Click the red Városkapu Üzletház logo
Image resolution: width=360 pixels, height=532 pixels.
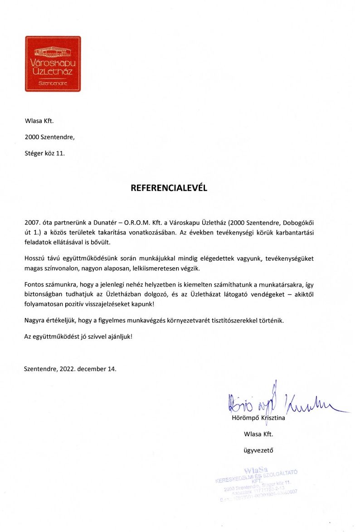tap(53, 64)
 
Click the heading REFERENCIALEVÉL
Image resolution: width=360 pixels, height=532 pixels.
tap(169, 188)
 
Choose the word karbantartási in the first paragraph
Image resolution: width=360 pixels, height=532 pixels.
tap(295, 233)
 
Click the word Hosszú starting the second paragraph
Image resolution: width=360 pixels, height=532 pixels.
tap(35, 259)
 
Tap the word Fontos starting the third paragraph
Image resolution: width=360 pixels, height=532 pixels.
tap(34, 285)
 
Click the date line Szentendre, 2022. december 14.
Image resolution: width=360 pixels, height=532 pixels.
tap(70, 369)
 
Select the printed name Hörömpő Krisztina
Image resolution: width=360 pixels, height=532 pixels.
tap(258, 418)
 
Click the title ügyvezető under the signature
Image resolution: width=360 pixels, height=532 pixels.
tap(258, 450)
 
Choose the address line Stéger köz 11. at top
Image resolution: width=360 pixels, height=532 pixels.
tap(45, 153)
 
